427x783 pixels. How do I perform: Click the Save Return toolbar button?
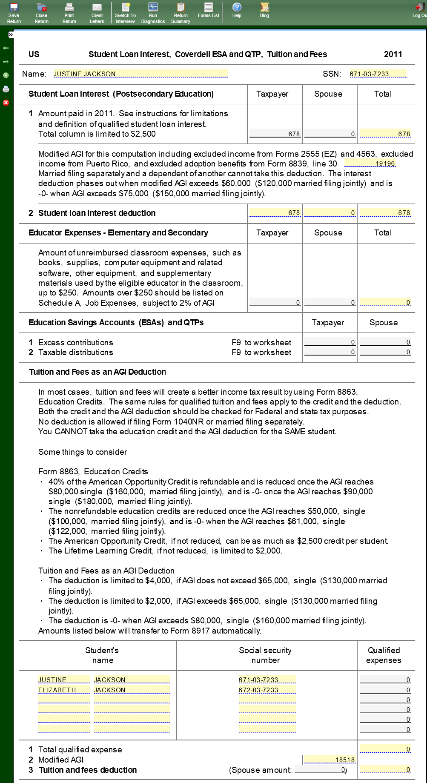click(14, 12)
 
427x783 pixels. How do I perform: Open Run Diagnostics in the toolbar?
click(153, 12)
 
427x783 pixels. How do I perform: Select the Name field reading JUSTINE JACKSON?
click(140, 74)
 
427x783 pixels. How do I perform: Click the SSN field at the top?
click(378, 74)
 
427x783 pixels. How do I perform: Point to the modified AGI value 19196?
click(370, 163)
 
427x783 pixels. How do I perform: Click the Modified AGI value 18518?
click(330, 760)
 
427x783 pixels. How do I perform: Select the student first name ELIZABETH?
click(64, 690)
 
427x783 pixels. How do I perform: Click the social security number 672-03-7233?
click(267, 690)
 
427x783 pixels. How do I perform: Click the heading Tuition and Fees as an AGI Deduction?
click(97, 372)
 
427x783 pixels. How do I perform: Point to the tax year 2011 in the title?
click(393, 54)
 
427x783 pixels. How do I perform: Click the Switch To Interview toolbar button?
click(125, 12)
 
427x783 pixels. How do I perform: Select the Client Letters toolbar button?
click(97, 12)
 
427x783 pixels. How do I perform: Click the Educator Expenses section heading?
click(118, 232)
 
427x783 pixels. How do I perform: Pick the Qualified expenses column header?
click(384, 655)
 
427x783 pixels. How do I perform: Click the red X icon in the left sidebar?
click(6, 103)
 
